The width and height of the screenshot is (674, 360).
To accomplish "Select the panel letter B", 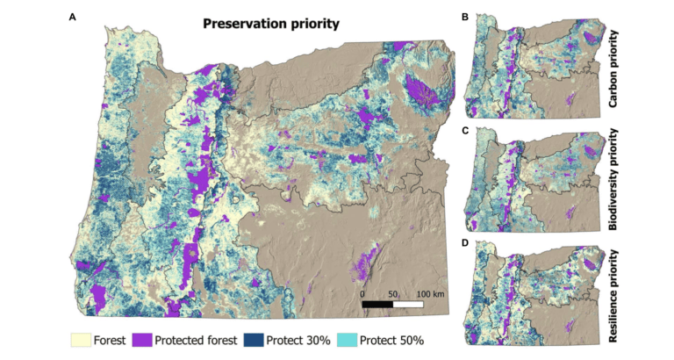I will click(x=464, y=17).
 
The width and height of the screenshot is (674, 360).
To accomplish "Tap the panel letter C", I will click(x=464, y=130).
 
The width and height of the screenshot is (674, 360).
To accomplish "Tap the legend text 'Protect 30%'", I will click(x=298, y=340).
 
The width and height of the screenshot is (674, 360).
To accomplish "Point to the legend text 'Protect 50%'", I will click(x=391, y=340).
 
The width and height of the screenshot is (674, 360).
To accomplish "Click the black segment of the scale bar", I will click(x=378, y=303).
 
